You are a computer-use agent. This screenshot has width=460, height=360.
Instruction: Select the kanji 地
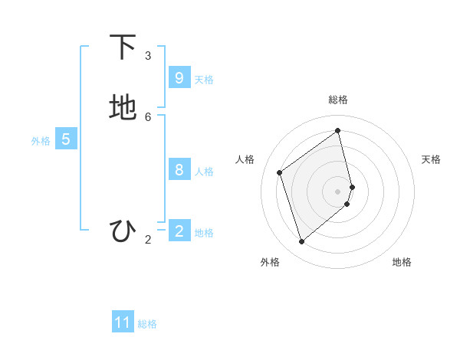pos(123,108)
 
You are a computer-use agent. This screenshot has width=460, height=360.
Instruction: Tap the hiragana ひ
pos(123,231)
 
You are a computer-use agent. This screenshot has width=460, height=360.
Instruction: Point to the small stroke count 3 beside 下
pos(148,55)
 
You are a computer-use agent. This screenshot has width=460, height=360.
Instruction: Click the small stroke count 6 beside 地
pos(148,116)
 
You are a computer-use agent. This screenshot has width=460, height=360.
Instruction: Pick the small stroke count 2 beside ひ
pos(148,240)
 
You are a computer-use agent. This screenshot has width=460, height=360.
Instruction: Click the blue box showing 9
pos(179,77)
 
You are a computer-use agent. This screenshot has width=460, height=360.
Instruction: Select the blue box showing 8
pos(179,169)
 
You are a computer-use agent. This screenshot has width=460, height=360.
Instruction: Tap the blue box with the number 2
pos(179,231)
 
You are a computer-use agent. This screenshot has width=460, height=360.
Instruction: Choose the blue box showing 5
pos(66,139)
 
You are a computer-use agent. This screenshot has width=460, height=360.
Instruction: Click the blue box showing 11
pos(123,322)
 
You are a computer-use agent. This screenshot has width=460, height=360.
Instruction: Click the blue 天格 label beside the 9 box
pos(204,80)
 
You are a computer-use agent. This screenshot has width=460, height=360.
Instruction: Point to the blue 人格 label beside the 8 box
pos(204,172)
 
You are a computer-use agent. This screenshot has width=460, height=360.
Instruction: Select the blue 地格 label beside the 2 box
pos(204,233)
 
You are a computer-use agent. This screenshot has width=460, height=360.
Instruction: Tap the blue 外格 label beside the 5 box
pos(41,142)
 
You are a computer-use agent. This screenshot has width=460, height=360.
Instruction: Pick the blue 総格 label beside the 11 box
pos(147,325)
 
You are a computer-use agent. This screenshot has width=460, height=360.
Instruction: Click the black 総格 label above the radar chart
pos(338,100)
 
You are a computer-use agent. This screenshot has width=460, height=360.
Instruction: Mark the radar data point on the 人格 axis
pos(280,172)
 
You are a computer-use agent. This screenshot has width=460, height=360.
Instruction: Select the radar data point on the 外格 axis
pos(301,242)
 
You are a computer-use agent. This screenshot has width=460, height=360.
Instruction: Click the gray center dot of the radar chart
pos(338,191)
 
